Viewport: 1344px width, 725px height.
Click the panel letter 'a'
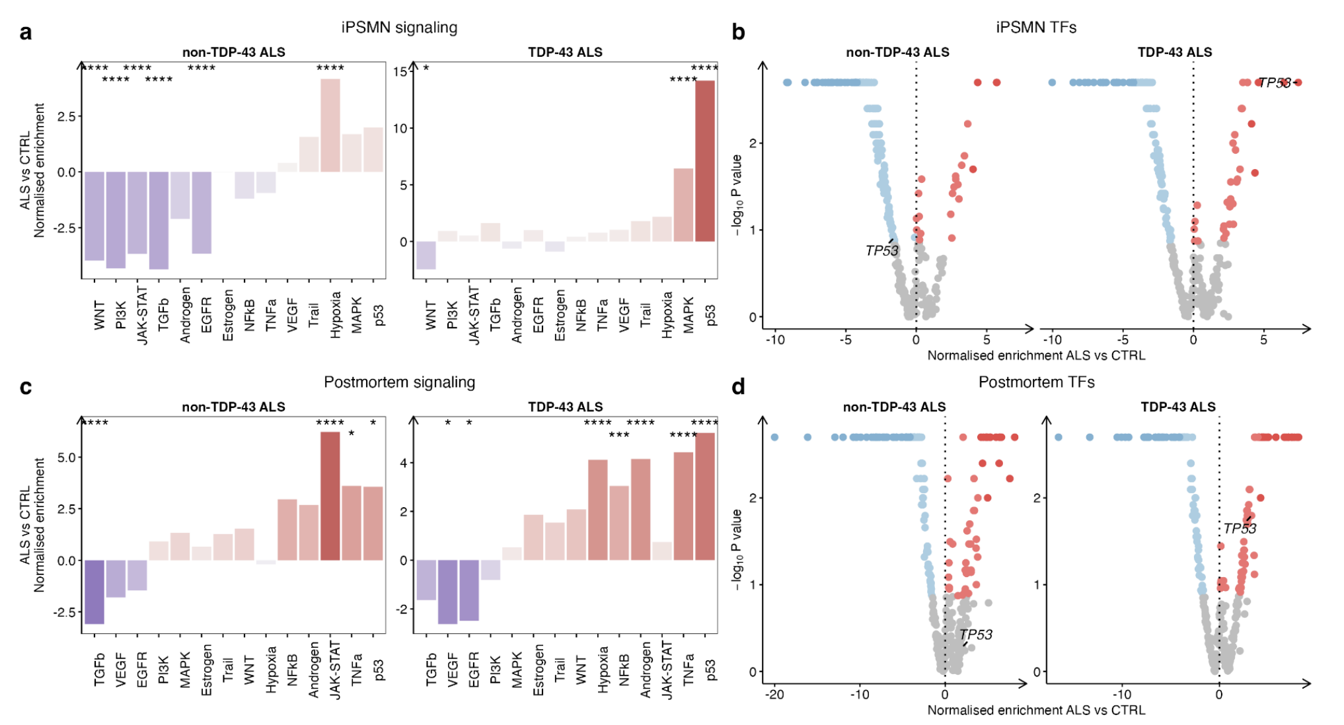tap(26, 32)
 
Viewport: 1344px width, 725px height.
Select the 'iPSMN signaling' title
tap(399, 28)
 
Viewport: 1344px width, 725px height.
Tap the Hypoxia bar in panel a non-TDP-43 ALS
tap(330, 125)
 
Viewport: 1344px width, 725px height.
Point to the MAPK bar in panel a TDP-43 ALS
tap(683, 205)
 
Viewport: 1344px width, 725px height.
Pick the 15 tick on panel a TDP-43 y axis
tap(400, 71)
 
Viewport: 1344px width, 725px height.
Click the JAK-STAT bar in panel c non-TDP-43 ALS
tap(330, 496)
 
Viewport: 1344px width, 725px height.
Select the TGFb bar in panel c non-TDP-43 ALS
tap(94, 592)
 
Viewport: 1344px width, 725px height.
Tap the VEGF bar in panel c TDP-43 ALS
tap(447, 592)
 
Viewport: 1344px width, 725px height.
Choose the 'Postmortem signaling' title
tap(399, 382)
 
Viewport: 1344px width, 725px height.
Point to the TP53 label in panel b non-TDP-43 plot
tap(881, 251)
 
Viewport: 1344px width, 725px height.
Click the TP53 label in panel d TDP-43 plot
tap(1240, 529)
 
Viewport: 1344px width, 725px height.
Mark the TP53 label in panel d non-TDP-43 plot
tap(976, 635)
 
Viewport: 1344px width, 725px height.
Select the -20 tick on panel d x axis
tap(775, 695)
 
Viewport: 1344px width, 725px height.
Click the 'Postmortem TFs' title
tap(1036, 382)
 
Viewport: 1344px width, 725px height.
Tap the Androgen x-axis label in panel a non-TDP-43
tap(185, 315)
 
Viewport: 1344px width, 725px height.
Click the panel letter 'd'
tap(738, 387)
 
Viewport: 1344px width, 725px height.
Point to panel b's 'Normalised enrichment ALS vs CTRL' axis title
tap(1036, 356)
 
